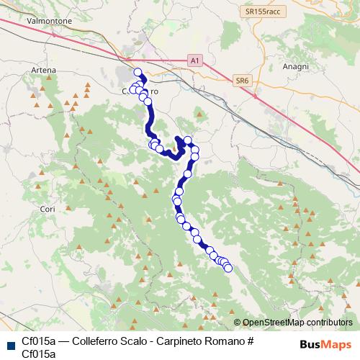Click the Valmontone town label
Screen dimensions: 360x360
(x=49, y=22)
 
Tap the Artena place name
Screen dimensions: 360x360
(x=44, y=70)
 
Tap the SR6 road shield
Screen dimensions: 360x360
(x=242, y=82)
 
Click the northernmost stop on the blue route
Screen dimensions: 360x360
(x=138, y=72)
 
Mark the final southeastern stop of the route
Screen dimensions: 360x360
(x=229, y=269)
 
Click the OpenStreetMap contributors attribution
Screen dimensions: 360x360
(x=297, y=323)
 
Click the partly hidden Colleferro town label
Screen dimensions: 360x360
(x=140, y=93)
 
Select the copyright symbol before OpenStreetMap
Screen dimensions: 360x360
(x=238, y=323)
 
